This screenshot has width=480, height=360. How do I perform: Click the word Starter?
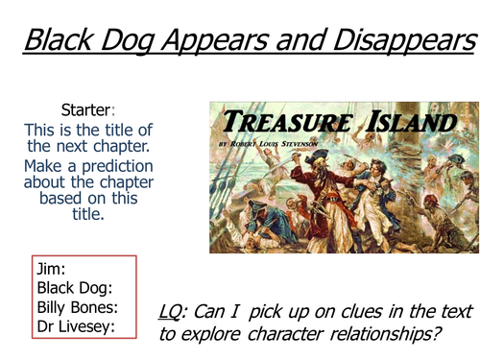pyautogui.click(x=88, y=108)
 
